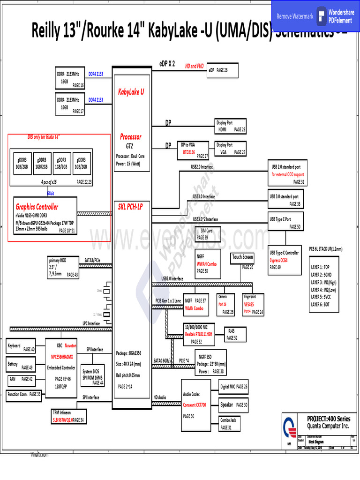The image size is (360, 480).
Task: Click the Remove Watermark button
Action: [x=295, y=16]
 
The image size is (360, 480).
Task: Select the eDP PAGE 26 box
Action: [x=223, y=70]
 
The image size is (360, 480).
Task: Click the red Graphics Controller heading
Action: [x=37, y=207]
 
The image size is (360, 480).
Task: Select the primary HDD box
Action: [x=63, y=267]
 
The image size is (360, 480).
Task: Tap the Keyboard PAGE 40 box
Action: [x=21, y=347]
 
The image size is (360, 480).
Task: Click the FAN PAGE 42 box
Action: [x=21, y=379]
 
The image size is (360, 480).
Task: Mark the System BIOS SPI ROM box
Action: [x=92, y=375]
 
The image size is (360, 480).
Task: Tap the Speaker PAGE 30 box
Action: [x=234, y=405]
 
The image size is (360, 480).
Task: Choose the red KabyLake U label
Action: [x=131, y=92]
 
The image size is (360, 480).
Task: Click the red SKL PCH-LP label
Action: [x=131, y=207]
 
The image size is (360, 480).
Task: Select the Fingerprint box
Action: [x=253, y=305]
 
